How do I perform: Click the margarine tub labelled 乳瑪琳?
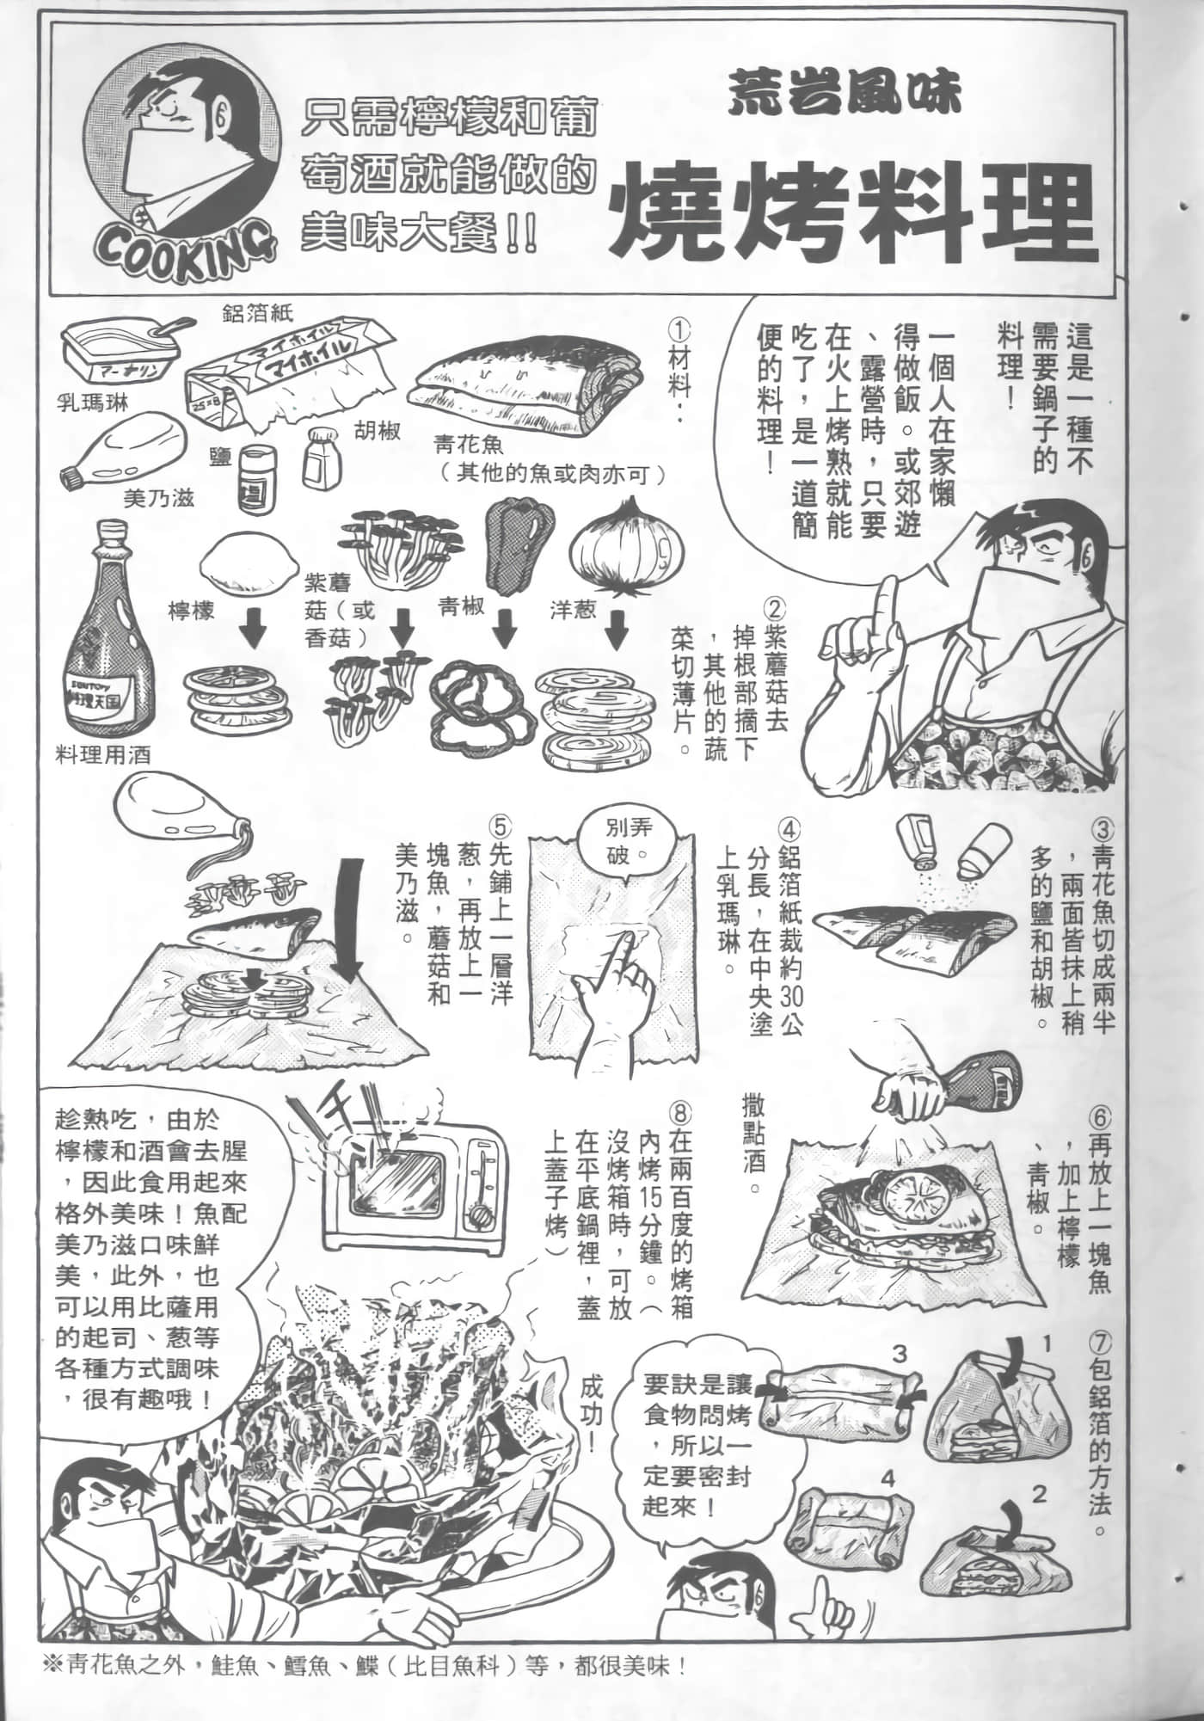[122, 359]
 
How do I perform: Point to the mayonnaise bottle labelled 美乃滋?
[119, 455]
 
